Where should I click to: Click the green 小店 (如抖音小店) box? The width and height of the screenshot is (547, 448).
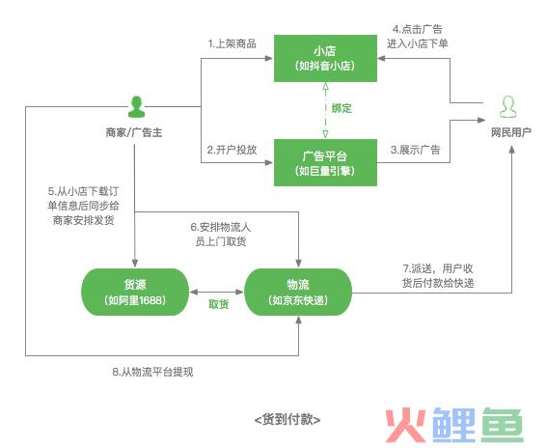(325, 58)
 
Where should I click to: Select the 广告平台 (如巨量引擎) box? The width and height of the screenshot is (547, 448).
(325, 163)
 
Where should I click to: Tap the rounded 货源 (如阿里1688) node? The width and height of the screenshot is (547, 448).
(135, 292)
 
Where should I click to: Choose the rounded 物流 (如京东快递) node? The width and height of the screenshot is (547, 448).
(298, 292)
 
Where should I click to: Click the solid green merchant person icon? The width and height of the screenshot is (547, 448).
(136, 107)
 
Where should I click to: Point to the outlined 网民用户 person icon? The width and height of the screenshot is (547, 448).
(507, 107)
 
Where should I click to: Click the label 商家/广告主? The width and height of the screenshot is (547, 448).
(134, 132)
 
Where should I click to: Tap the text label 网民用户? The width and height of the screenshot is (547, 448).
(510, 132)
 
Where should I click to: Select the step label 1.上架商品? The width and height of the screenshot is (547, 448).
(232, 43)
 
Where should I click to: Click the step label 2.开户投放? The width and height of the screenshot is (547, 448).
(232, 150)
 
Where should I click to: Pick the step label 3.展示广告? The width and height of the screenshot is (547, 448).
(415, 150)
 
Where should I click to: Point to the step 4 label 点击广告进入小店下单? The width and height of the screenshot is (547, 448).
(417, 37)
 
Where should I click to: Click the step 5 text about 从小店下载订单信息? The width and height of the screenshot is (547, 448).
(83, 206)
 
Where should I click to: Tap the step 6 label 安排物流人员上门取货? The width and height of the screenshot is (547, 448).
(221, 235)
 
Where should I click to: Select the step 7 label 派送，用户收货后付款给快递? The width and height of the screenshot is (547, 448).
(438, 276)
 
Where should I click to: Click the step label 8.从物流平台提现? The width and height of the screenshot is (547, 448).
(152, 372)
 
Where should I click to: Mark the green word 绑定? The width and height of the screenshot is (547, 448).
(342, 108)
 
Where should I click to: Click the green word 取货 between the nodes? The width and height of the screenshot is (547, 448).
(219, 304)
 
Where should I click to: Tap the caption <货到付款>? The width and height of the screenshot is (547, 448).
(287, 419)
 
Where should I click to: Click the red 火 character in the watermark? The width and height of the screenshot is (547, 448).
(406, 425)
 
